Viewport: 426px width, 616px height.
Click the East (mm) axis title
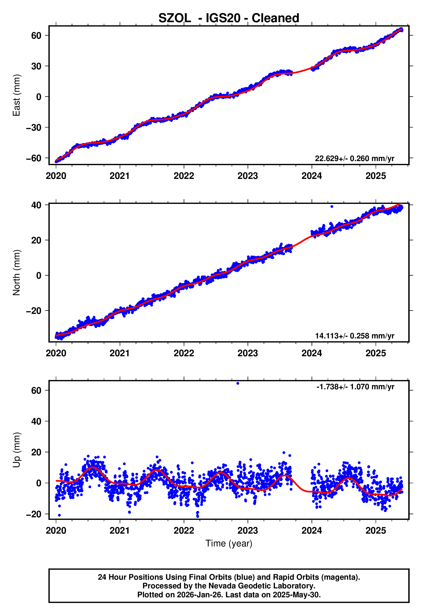click(17, 95)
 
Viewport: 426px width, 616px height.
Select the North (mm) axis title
click(17, 273)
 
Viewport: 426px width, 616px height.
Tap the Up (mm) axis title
click(17, 450)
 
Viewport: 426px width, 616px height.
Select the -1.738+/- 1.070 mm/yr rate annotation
click(355, 387)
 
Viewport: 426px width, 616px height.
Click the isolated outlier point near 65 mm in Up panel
click(238, 383)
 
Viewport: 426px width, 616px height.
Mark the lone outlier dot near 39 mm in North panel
click(332, 206)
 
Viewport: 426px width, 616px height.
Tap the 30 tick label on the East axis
click(36, 66)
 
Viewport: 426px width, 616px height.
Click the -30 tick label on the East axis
click(34, 128)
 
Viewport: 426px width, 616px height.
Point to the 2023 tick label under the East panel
click(248, 176)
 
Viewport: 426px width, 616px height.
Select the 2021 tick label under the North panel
click(120, 353)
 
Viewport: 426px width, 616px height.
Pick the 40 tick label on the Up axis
click(36, 421)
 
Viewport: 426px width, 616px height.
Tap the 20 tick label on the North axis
click(36, 240)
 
